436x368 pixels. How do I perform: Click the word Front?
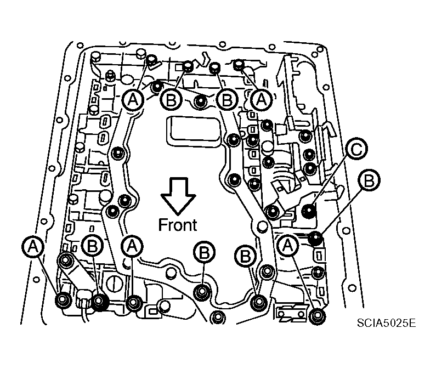click(x=178, y=224)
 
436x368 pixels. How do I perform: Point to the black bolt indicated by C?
click(x=310, y=210)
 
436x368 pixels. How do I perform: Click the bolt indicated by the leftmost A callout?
click(x=63, y=300)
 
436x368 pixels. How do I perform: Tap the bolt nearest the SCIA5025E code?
click(x=316, y=315)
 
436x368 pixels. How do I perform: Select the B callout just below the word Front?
click(x=204, y=252)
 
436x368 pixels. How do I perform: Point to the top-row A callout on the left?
click(x=132, y=99)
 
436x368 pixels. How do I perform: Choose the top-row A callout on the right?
click(x=261, y=99)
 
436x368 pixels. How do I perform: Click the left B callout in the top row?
click(x=171, y=99)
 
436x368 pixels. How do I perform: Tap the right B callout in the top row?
click(x=225, y=99)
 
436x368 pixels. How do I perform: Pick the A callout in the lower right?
click(x=287, y=246)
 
